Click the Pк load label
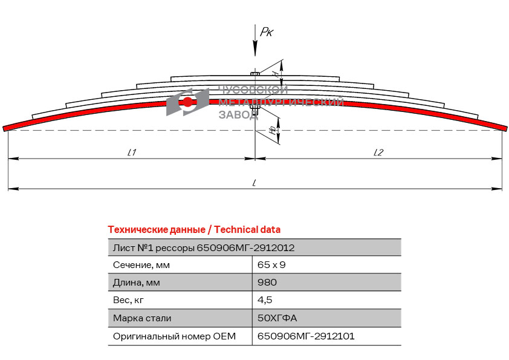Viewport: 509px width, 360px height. pyautogui.click(x=267, y=32)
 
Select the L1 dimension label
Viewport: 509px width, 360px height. pyautogui.click(x=131, y=152)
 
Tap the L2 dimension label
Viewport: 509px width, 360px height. pyautogui.click(x=378, y=152)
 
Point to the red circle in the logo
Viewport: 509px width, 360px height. pyautogui.click(x=187, y=102)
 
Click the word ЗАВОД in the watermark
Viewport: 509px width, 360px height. pyautogui.click(x=238, y=114)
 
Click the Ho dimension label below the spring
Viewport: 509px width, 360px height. pyautogui.click(x=274, y=130)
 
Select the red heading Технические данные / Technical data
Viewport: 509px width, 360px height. pyautogui.click(x=194, y=229)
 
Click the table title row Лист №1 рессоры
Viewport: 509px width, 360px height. pyautogui.click(x=204, y=248)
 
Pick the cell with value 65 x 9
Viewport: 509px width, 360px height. pyautogui.click(x=271, y=265)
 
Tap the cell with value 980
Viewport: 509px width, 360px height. pyautogui.click(x=267, y=282)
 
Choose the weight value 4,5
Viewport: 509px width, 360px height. pyautogui.click(x=265, y=300)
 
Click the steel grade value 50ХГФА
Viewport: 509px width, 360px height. pyautogui.click(x=277, y=318)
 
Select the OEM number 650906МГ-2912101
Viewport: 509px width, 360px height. pyautogui.click(x=306, y=336)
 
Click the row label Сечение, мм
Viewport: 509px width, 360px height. pyautogui.click(x=141, y=265)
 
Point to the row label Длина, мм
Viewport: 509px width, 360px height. pyautogui.click(x=137, y=283)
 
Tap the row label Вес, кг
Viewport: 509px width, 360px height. pyautogui.click(x=128, y=300)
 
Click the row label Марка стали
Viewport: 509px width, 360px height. pyautogui.click(x=142, y=318)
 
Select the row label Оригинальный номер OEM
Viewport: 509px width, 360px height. pyautogui.click(x=174, y=336)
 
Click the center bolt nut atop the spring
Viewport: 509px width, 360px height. pyautogui.click(x=255, y=74)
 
